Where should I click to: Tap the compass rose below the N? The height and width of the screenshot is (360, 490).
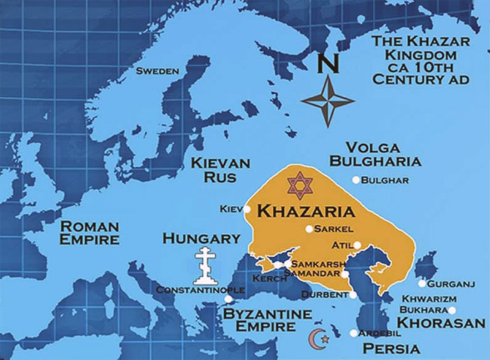pyautogui.click(x=328, y=100)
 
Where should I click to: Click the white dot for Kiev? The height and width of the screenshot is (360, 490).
pyautogui.click(x=247, y=209)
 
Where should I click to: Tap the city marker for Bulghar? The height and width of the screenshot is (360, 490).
pyautogui.click(x=356, y=180)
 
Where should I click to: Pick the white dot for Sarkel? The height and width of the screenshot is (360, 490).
pyautogui.click(x=308, y=229)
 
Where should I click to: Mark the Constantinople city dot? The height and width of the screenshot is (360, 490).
pyautogui.click(x=228, y=299)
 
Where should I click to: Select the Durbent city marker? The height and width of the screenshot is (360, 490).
pyautogui.click(x=353, y=295)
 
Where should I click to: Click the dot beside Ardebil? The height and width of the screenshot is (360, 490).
pyautogui.click(x=354, y=333)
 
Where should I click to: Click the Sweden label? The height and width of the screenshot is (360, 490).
pyautogui.click(x=157, y=71)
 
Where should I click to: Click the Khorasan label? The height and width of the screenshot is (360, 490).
pyautogui.click(x=441, y=323)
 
